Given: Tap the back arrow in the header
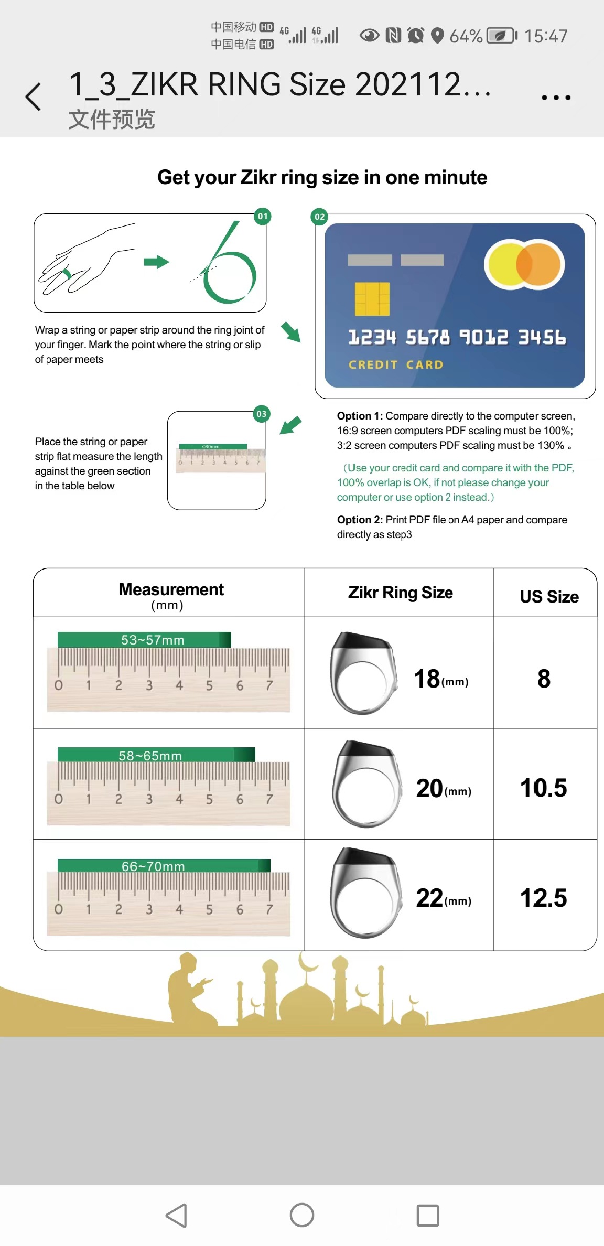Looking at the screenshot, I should click(33, 97).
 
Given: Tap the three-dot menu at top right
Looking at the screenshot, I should click(556, 98).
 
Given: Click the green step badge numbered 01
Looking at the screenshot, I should click(263, 216).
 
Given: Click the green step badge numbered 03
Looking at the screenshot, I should click(262, 414).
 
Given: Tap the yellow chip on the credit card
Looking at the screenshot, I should click(372, 299).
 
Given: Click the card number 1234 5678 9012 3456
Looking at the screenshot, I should click(457, 337).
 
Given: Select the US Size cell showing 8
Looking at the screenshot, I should click(544, 679).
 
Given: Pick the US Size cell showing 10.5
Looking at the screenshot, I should click(544, 788).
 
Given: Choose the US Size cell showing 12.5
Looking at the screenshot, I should click(544, 898).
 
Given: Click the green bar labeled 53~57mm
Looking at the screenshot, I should click(145, 640).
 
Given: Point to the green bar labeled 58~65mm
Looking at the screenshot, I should click(156, 755).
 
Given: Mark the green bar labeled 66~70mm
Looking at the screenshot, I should click(164, 866).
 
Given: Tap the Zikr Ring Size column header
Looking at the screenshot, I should click(400, 593).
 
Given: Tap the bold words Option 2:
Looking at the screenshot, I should click(360, 520).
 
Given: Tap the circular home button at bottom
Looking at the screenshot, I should click(302, 1215).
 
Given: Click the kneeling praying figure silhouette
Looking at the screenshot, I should click(189, 991).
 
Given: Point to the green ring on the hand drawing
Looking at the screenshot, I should click(67, 274).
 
